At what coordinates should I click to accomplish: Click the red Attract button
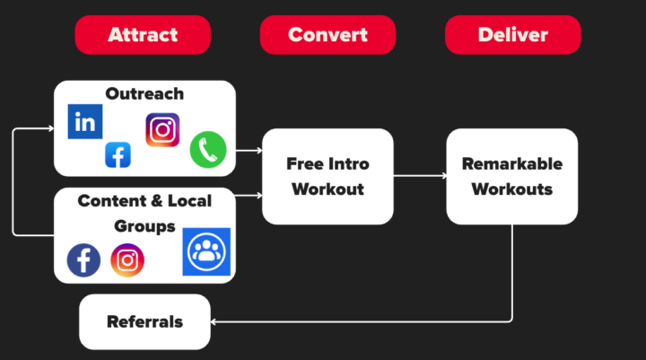(143, 35)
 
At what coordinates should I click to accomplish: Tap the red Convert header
(327, 35)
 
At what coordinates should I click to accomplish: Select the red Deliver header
(512, 35)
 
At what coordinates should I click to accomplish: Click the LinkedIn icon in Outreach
(85, 121)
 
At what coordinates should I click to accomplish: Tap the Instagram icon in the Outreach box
(162, 130)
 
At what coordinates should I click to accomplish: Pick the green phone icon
(207, 149)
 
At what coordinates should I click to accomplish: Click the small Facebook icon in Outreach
(118, 154)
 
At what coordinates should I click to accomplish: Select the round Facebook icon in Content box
(83, 260)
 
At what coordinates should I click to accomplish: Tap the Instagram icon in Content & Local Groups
(127, 260)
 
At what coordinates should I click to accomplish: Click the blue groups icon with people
(206, 251)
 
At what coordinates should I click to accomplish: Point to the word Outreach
(144, 93)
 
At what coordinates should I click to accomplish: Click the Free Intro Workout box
(327, 176)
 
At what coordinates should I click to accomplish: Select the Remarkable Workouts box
(512, 176)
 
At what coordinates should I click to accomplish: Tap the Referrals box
(144, 321)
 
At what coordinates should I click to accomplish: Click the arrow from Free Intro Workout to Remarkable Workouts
(420, 176)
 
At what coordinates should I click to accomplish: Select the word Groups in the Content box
(144, 225)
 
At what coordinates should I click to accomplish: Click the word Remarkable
(512, 164)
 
